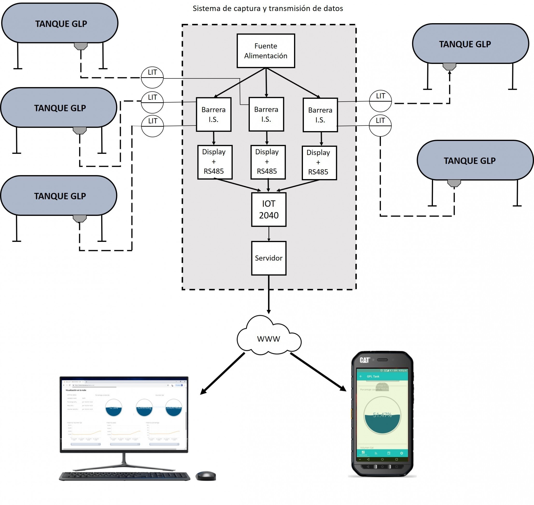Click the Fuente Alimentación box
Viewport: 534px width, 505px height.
click(266, 51)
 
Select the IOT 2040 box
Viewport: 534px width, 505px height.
click(269, 210)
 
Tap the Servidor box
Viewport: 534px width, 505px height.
click(269, 258)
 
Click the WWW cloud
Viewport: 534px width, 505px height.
click(269, 338)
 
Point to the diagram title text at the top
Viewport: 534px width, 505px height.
click(268, 9)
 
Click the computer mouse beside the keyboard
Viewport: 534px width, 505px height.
click(206, 476)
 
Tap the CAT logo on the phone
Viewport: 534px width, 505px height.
click(365, 360)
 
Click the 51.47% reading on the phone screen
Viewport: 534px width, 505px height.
click(382, 415)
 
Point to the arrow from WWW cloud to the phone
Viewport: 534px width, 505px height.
click(318, 372)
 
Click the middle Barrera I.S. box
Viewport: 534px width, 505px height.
click(266, 114)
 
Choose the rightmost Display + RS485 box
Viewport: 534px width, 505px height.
click(319, 163)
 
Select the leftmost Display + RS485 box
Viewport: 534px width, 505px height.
click(215, 162)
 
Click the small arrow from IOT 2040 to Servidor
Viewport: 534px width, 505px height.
click(269, 234)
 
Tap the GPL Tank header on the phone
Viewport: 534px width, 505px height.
click(373, 376)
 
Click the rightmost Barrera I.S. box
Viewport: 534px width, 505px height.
click(320, 115)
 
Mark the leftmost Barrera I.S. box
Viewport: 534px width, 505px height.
click(213, 114)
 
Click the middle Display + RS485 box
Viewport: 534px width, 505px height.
click(268, 162)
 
